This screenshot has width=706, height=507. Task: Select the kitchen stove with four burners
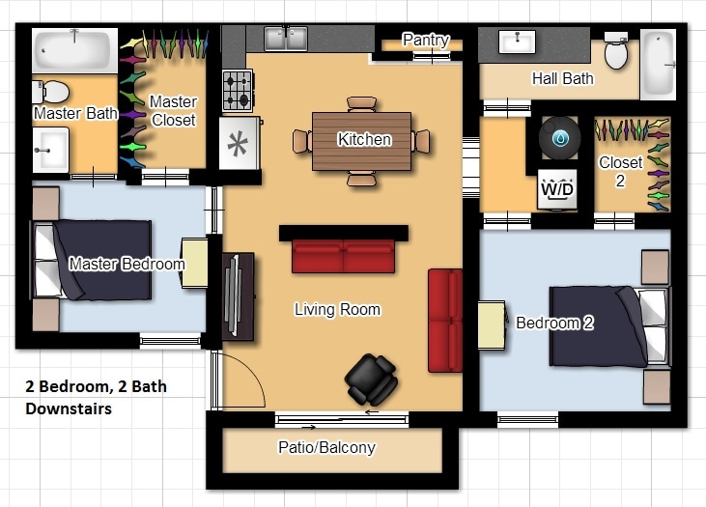238,91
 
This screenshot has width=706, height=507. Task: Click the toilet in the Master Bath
52,92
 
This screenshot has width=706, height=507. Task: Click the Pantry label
425,41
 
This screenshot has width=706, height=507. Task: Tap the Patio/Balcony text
326,447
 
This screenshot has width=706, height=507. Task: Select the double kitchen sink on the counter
285,39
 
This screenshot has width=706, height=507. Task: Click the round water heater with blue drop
559,138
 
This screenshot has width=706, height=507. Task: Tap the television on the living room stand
232,296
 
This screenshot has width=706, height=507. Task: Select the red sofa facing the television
343,256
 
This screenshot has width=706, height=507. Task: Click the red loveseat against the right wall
445,320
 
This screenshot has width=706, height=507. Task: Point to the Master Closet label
173,111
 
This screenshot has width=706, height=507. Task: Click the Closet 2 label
620,170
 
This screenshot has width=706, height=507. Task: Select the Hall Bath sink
517,42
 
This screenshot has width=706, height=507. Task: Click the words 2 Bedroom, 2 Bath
96,386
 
